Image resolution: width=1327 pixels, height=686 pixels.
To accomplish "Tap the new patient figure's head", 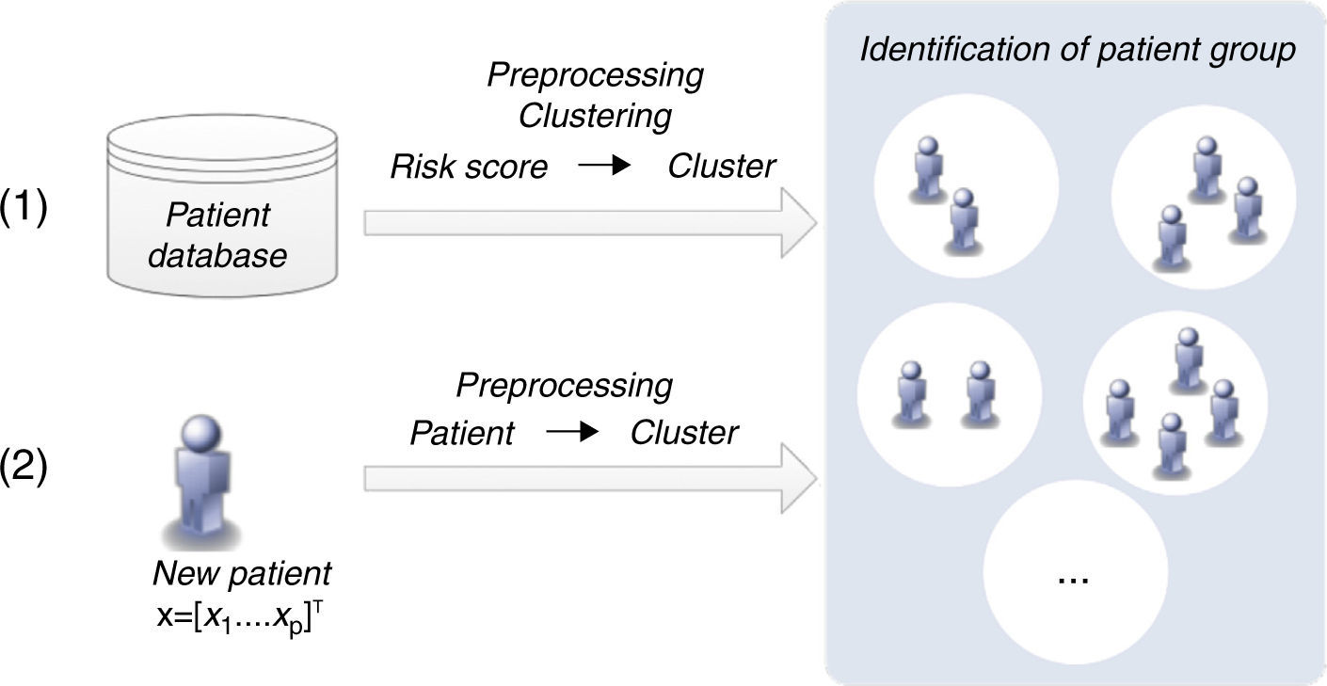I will point(200,439).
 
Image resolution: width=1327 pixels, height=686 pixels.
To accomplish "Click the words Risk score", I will point(469,168).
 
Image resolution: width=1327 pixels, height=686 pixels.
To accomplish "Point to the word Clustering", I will point(595,117).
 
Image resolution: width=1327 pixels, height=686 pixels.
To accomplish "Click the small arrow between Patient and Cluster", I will point(571,433).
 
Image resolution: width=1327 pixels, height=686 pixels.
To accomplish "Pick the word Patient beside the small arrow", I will point(461,433).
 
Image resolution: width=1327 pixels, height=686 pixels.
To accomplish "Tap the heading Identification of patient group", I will point(1078,51).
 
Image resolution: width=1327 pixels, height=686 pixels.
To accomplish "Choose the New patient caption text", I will point(242,572).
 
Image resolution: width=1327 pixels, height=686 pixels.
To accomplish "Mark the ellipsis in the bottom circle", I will point(1074,576).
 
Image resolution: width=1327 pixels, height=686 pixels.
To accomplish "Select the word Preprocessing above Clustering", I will point(595,75).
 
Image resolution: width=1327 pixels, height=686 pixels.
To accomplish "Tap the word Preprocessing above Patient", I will point(564,385).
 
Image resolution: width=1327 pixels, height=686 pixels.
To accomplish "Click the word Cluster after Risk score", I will point(722,168).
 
